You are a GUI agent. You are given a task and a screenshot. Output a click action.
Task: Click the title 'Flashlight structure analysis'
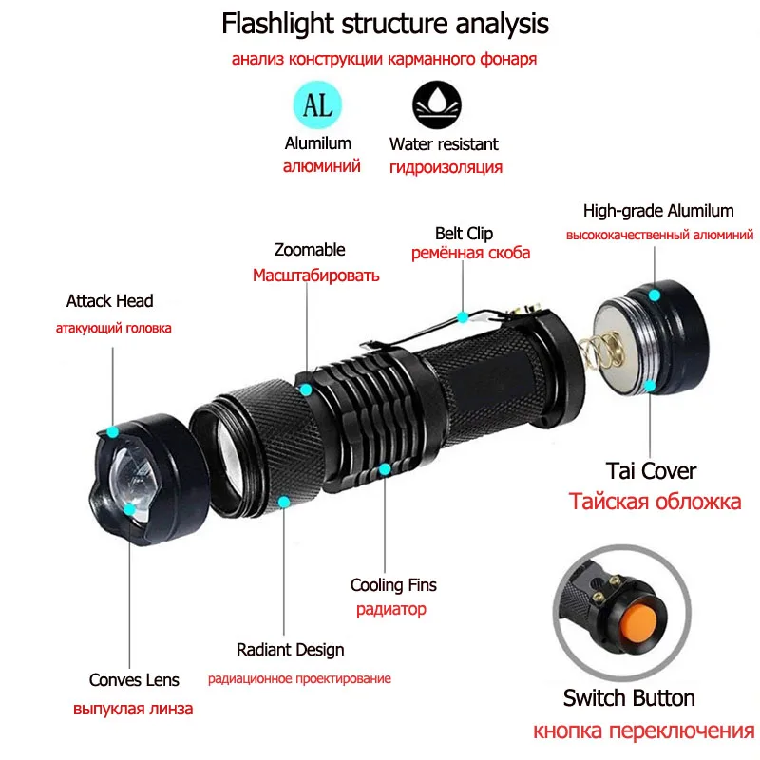[x=385, y=23]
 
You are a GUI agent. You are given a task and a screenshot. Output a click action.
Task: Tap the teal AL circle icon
[x=317, y=104]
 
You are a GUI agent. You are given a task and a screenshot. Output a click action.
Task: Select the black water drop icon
[x=436, y=104]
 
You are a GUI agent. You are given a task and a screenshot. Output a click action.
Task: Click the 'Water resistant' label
[x=444, y=144]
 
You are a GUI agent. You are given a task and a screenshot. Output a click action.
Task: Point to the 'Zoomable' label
[x=310, y=250]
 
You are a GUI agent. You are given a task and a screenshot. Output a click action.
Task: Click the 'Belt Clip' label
[x=465, y=234]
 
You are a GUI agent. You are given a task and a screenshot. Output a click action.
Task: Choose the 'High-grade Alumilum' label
[x=658, y=211]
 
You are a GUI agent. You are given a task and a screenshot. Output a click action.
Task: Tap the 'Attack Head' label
[x=109, y=301]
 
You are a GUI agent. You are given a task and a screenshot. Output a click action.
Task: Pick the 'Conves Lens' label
[x=134, y=679]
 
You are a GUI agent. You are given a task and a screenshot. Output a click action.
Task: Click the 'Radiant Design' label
[x=291, y=650]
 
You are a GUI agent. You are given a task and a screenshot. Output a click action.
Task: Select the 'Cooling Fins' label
[x=393, y=585]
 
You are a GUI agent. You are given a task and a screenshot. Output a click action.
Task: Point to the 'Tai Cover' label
[x=651, y=470]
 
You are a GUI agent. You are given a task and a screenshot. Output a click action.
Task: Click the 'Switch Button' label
[x=629, y=698]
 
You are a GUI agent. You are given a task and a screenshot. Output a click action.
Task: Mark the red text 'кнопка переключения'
[x=643, y=731]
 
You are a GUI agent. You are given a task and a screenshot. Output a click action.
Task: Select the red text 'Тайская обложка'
[x=655, y=502]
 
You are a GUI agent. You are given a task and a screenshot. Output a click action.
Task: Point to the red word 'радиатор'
[x=391, y=610]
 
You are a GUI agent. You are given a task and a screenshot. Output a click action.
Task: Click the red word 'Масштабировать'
[x=315, y=275]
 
